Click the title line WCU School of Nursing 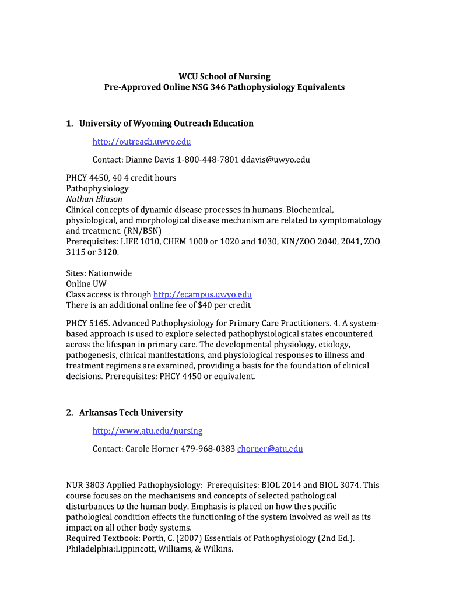224,76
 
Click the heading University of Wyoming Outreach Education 166,123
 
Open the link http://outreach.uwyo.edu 142,142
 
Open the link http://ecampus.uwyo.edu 202,294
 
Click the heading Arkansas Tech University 131,412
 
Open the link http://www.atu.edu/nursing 148,431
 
